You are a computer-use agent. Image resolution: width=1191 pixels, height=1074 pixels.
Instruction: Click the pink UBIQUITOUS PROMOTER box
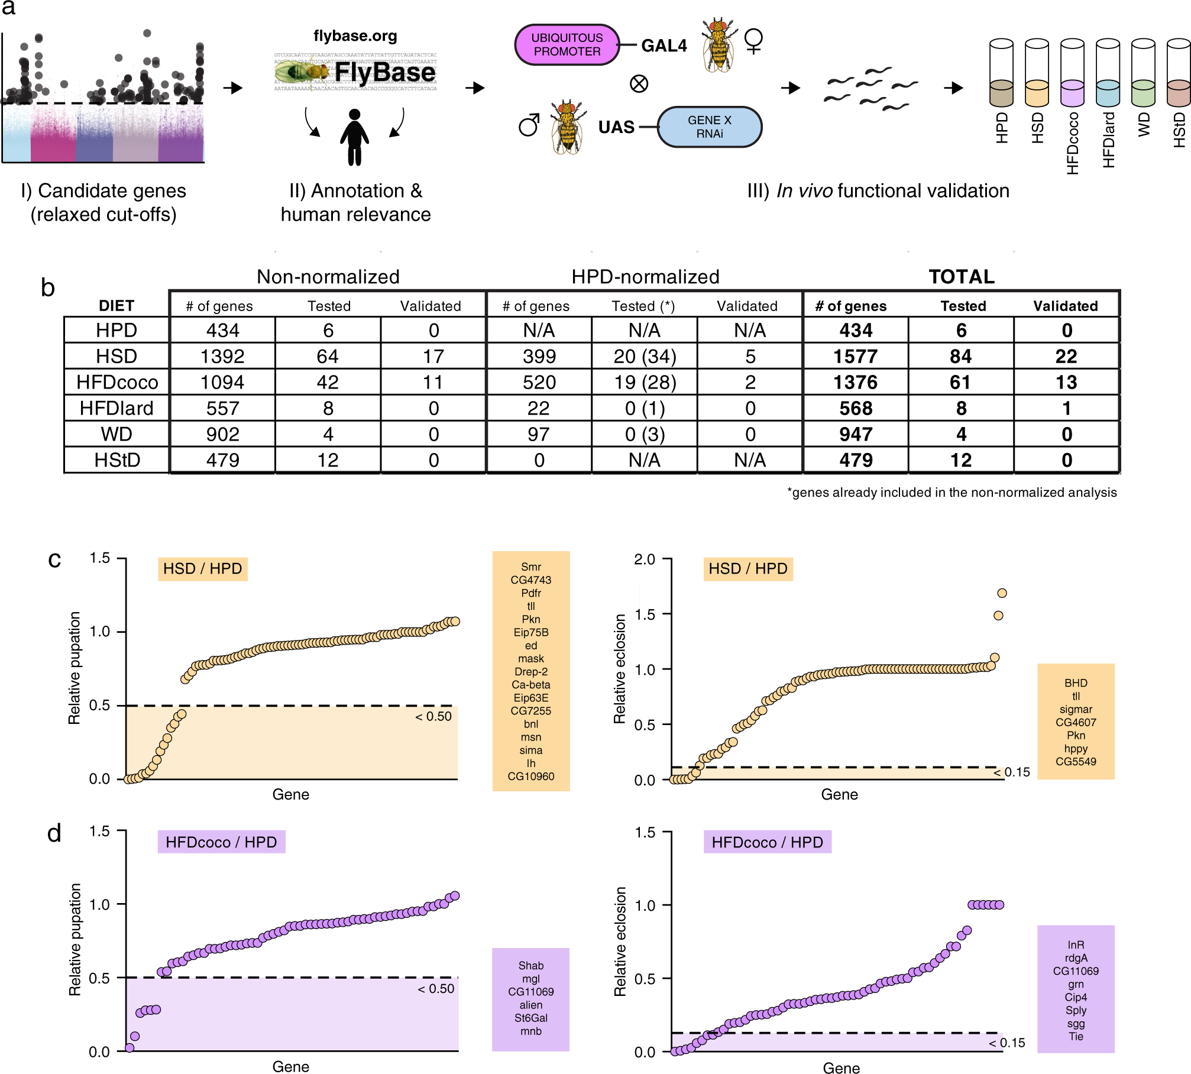567,44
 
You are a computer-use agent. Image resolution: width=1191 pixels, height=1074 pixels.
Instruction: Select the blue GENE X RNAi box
709,127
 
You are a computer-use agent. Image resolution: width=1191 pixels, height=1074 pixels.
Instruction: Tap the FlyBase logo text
384,73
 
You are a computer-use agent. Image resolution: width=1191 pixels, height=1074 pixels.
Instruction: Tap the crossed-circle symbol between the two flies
639,84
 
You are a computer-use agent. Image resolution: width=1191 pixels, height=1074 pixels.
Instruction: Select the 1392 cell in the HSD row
222,356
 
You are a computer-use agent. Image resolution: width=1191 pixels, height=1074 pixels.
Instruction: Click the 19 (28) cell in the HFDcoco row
645,382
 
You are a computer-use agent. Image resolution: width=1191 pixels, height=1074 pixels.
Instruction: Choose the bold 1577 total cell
855,356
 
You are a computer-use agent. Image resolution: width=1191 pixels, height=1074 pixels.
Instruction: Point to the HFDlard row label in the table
116,408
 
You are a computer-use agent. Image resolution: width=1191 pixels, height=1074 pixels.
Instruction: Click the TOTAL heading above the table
962,277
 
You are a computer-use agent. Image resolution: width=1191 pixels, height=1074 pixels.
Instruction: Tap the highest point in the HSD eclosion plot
1002,593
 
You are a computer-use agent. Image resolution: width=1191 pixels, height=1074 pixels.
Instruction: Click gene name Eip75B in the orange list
531,632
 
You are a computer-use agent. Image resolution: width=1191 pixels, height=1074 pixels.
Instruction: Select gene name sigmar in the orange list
1076,709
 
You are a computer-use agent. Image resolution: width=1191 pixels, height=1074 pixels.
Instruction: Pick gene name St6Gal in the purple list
531,1018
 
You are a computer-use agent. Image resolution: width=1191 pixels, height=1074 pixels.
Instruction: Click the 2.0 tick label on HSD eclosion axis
645,559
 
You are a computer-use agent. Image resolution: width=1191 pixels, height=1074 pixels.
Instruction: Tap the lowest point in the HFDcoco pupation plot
130,1048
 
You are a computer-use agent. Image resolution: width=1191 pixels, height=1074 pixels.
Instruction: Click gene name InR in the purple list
1076,945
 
